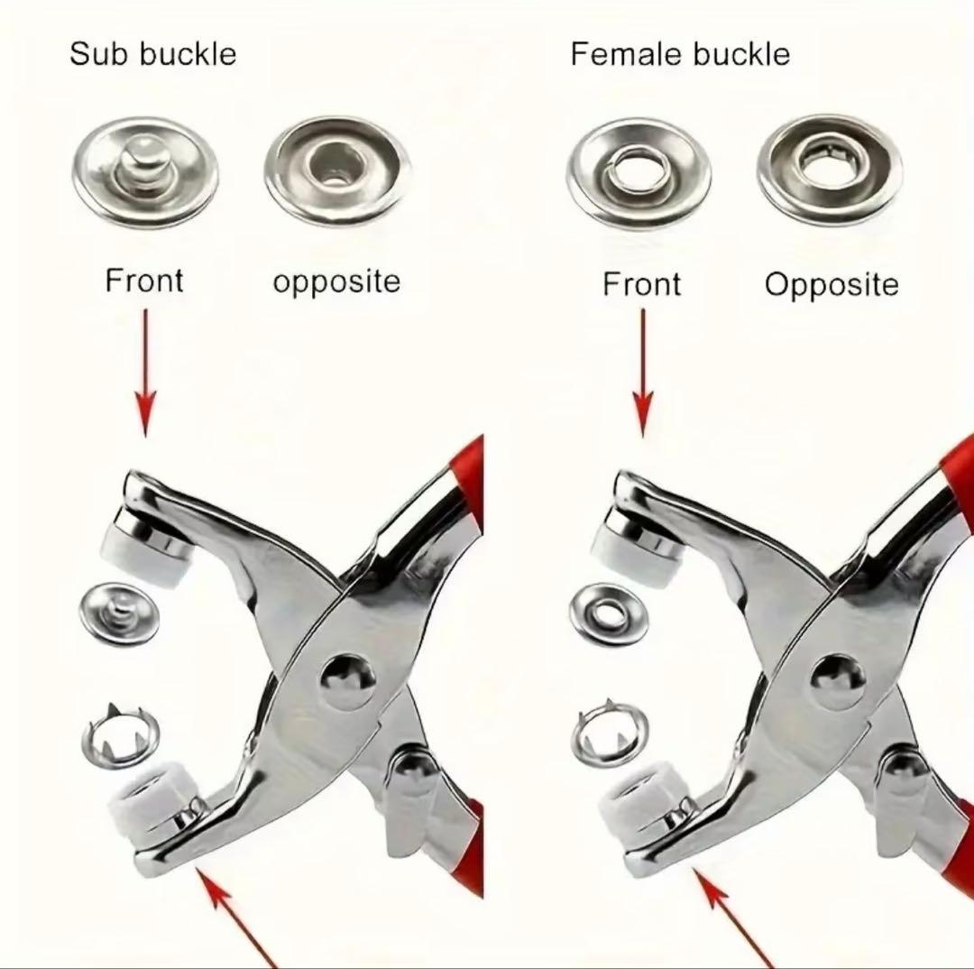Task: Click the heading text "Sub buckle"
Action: (152, 53)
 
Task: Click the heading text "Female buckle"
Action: (680, 54)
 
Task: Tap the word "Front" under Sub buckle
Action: (144, 281)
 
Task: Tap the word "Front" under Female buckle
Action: (642, 284)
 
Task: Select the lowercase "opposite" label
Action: (336, 281)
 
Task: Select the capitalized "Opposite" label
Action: (832, 285)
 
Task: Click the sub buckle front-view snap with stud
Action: (145, 170)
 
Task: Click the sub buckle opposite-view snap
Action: (336, 171)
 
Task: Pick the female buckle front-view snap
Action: (639, 171)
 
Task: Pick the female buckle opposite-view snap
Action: (830, 170)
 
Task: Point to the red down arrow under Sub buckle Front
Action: (145, 373)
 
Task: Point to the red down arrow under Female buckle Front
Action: (644, 373)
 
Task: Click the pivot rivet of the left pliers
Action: (348, 680)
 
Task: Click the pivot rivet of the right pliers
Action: (837, 682)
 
